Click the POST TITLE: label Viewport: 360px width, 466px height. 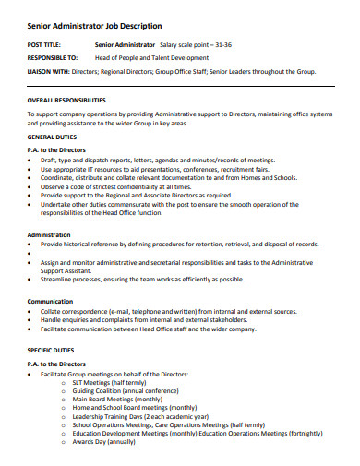pos(45,44)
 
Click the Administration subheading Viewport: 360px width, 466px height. pos(50,234)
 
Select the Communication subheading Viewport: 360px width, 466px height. pos(51,301)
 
